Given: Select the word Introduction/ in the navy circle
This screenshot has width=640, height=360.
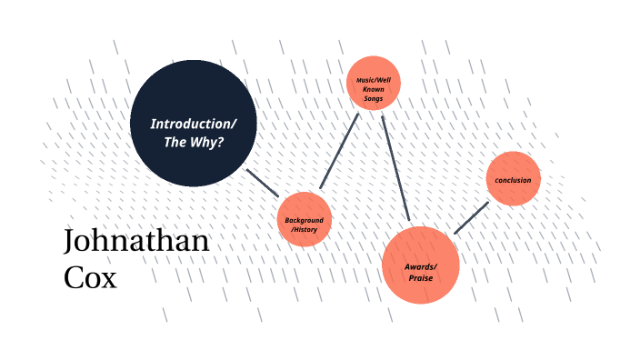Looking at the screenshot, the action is click(193, 124).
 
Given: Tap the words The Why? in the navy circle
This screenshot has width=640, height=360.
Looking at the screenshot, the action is click(193, 143).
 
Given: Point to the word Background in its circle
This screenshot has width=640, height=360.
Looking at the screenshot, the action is click(304, 221).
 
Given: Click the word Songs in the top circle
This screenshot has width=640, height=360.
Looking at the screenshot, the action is click(373, 97).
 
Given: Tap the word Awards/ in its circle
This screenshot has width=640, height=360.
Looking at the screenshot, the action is click(421, 265).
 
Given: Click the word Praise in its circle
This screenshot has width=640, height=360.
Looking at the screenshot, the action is click(420, 277).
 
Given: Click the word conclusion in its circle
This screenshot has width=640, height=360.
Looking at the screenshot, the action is click(513, 180).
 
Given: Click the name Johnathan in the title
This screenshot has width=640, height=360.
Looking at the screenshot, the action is click(136, 242).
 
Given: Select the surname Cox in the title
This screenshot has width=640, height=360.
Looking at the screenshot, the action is click(90, 276).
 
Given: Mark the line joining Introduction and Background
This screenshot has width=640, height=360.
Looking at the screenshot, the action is click(263, 183).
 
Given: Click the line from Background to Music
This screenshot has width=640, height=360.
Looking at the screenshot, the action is click(340, 152).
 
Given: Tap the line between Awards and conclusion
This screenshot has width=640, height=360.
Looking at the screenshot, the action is click(471, 218).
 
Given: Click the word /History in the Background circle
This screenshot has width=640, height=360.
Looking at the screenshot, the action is click(304, 231).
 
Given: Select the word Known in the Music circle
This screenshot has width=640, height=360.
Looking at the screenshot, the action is click(373, 89).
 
